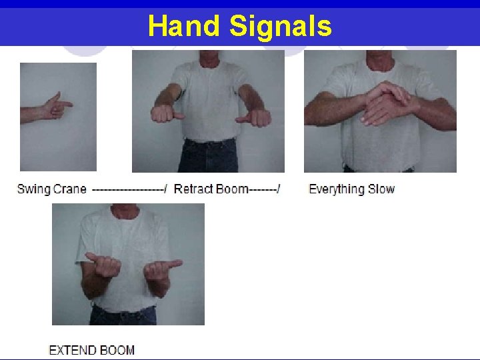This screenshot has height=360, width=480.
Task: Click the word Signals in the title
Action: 281,26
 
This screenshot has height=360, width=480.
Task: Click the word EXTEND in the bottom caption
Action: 73,350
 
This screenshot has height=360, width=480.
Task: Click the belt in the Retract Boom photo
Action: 209,143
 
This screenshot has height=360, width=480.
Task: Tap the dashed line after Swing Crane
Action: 129,189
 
